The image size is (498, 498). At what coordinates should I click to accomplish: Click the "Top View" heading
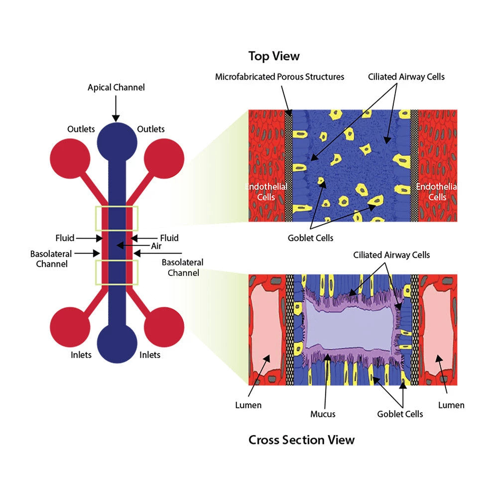[x=274, y=56]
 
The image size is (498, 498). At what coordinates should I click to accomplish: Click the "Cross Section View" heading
[x=301, y=440]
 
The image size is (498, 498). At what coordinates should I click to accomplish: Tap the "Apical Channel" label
[x=116, y=88]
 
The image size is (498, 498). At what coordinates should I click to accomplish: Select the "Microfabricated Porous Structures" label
[x=279, y=77]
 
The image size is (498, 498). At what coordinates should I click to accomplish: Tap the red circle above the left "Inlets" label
[x=70, y=327]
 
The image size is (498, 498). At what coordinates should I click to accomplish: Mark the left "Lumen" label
[x=248, y=405]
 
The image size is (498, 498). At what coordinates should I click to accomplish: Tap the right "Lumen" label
[x=451, y=405]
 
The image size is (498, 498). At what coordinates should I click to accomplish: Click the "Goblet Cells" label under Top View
[x=310, y=238]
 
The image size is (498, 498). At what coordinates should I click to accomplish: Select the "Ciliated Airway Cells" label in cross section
[x=391, y=255]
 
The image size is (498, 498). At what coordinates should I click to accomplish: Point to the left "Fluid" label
[x=65, y=238]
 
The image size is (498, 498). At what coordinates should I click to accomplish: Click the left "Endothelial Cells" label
[x=266, y=192]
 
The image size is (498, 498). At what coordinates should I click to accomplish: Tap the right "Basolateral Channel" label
[x=183, y=267]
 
